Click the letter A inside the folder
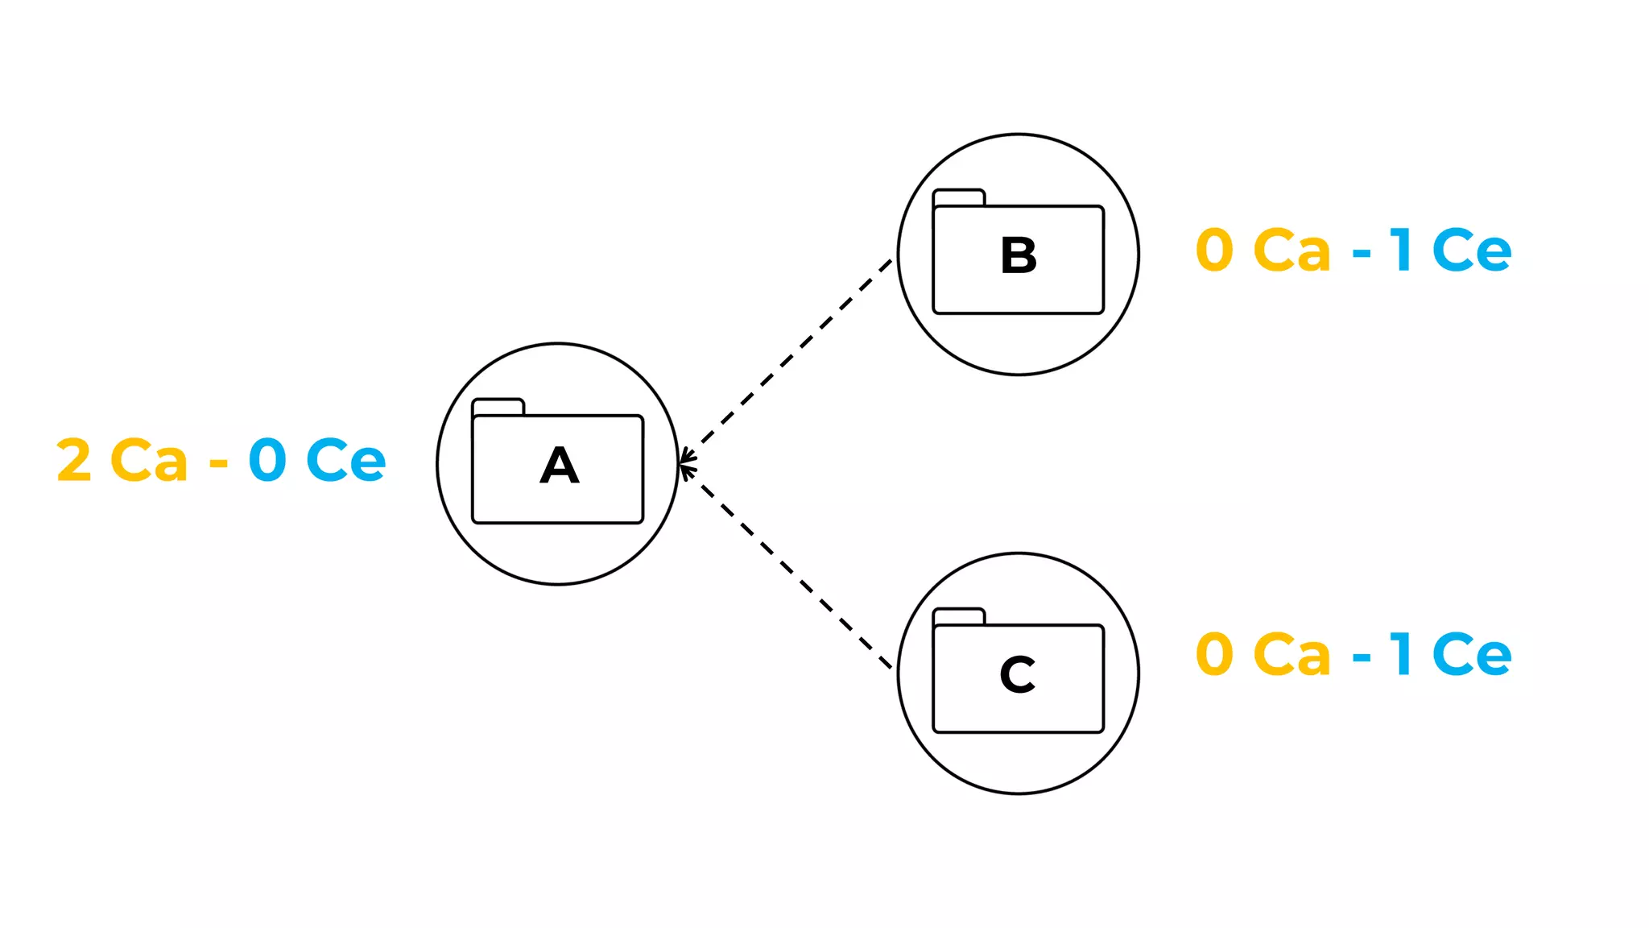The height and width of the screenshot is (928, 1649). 559,466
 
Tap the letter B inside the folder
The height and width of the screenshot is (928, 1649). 1019,255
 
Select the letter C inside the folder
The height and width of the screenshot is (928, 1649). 1018,674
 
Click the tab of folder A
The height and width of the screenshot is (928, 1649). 498,407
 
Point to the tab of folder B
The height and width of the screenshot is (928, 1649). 958,197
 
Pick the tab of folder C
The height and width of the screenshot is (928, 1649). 958,616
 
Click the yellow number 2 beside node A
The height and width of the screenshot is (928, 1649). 74,460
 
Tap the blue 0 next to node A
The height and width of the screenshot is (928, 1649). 267,460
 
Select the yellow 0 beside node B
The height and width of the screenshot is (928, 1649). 1214,250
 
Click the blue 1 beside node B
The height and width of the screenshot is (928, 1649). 1402,250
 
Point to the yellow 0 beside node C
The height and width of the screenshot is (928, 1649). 1214,653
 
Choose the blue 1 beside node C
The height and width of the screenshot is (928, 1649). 1402,653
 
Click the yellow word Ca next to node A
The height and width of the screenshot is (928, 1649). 149,460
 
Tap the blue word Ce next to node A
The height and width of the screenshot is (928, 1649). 345,460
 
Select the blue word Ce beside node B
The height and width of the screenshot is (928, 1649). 1472,250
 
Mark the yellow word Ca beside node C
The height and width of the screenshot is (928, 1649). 1292,653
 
